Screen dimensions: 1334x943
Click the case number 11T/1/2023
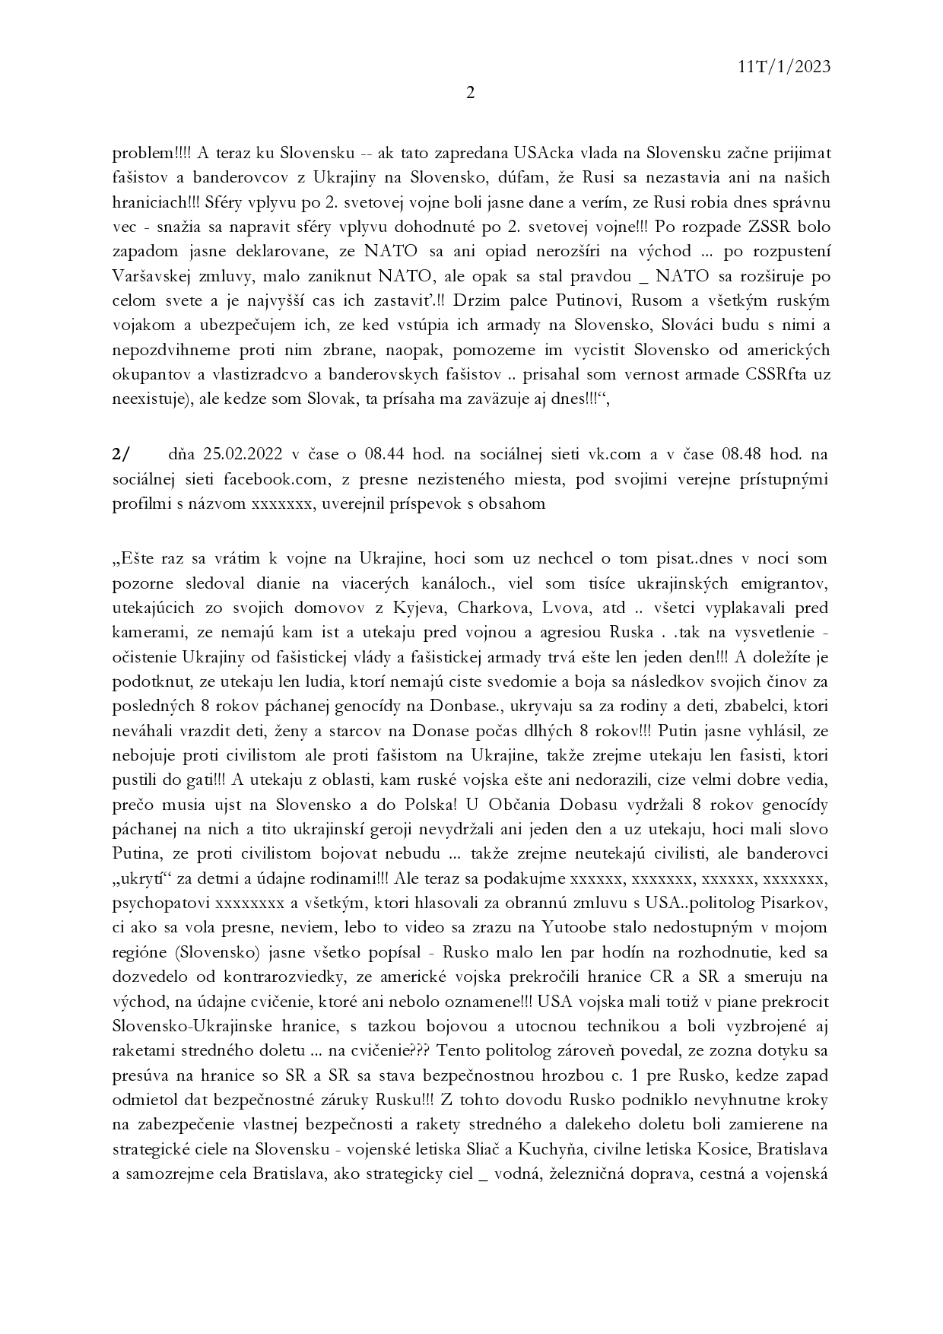[x=783, y=66]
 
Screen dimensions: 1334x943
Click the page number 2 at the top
[x=470, y=94]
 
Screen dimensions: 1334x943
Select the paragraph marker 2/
[x=121, y=455]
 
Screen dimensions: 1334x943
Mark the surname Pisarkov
[x=795, y=904]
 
